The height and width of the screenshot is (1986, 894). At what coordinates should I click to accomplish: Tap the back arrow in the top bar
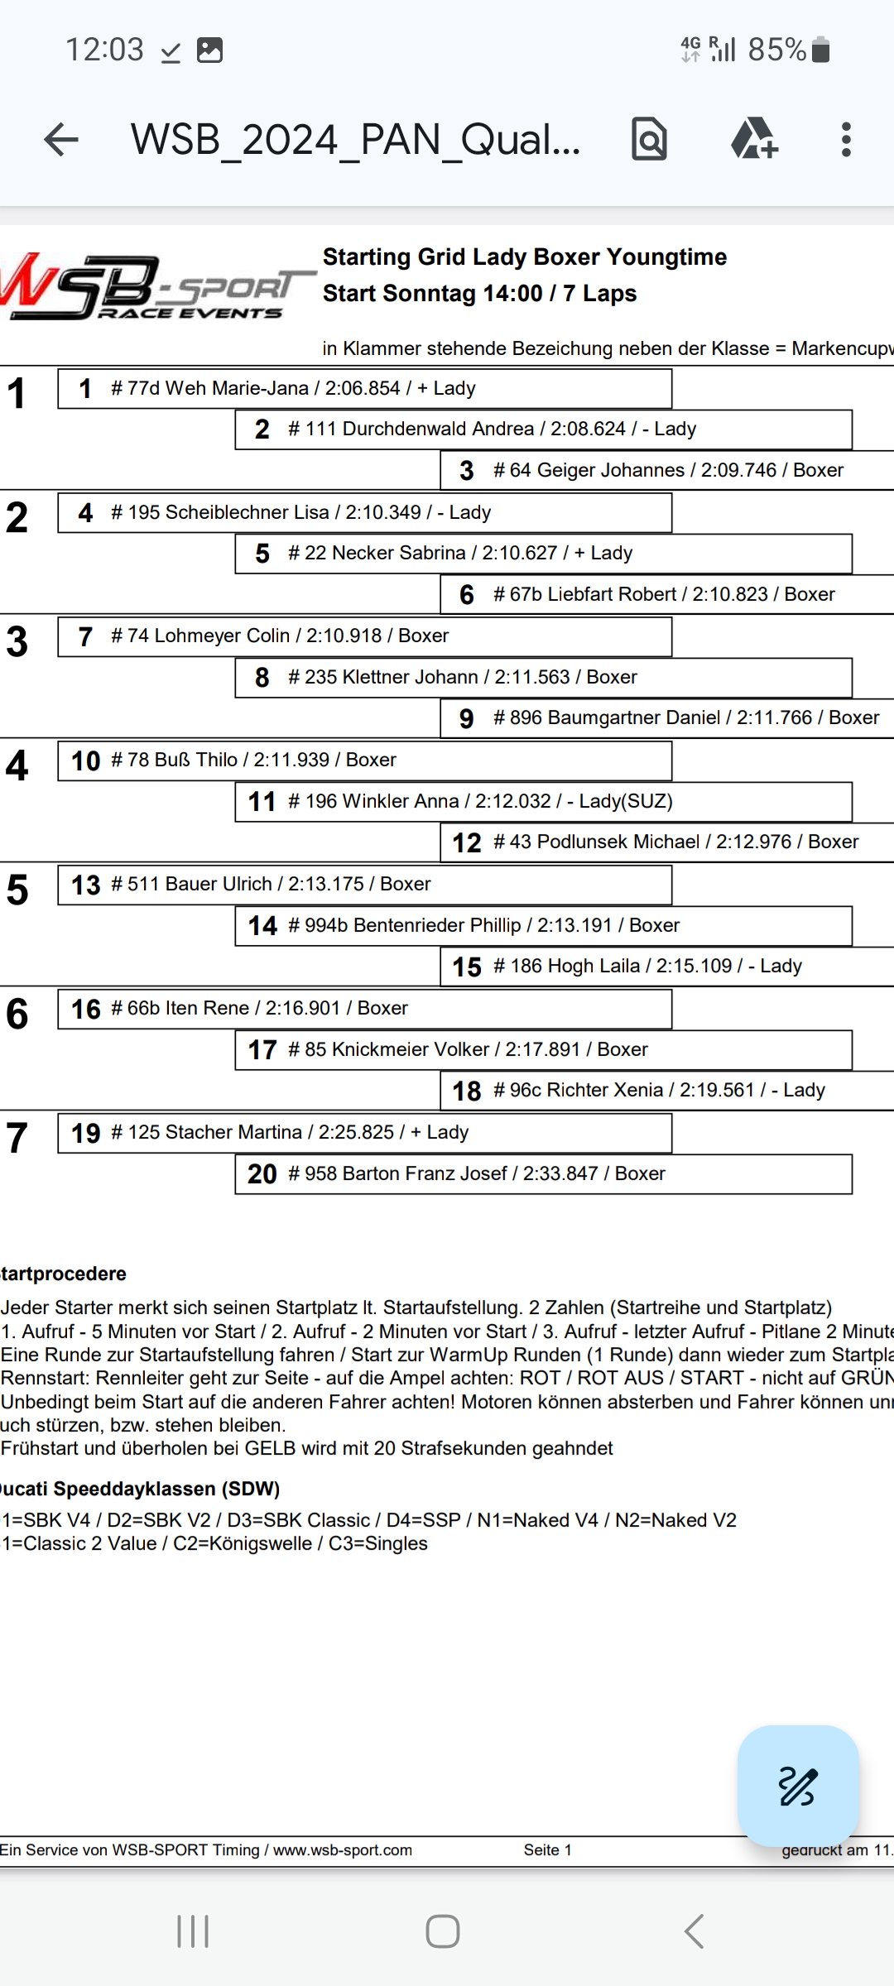click(x=61, y=139)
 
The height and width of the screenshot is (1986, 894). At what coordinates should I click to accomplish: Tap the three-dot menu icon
click(x=845, y=139)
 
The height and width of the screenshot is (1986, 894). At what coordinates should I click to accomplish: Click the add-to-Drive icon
click(x=753, y=139)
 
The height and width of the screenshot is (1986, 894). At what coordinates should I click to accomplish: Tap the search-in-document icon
click(x=649, y=139)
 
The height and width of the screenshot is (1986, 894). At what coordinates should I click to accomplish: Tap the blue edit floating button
click(x=798, y=1786)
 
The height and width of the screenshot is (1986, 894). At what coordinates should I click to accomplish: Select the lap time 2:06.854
click(x=362, y=388)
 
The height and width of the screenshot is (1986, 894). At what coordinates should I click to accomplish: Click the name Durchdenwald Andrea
click(x=438, y=429)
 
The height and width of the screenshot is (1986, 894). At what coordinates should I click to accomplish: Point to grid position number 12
click(x=467, y=842)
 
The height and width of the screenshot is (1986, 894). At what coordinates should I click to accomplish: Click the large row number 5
click(x=17, y=890)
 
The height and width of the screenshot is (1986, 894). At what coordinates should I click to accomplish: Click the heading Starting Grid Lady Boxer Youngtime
click(x=524, y=257)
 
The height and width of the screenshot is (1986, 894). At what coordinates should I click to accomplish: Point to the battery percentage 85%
click(x=776, y=50)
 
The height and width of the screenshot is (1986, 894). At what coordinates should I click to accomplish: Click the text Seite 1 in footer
click(x=547, y=1849)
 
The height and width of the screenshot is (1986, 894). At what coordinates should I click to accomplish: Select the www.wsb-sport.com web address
click(x=343, y=1849)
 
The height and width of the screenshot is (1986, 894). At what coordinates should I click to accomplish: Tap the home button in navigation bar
click(x=443, y=1931)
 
